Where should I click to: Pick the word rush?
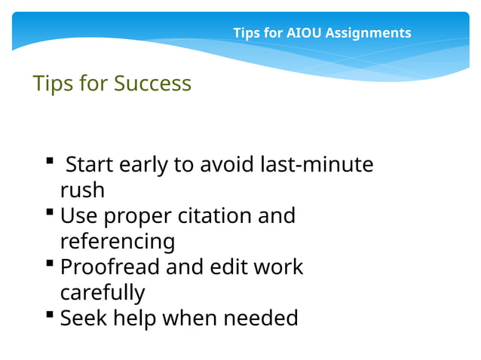pos(82,190)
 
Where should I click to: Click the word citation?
pos(215,216)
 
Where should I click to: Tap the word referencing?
pos(117,242)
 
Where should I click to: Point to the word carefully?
pos(102,292)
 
